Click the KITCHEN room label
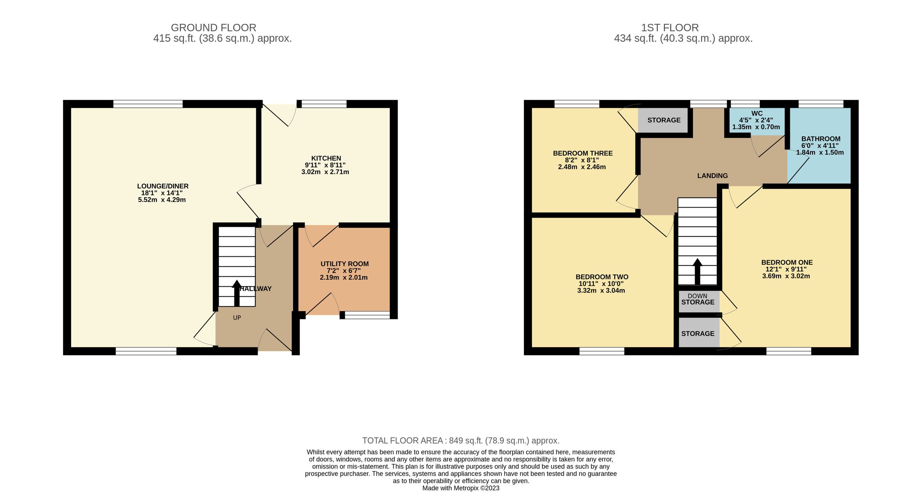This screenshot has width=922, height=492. pyautogui.click(x=326, y=158)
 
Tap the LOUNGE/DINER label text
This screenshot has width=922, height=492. pyautogui.click(x=163, y=186)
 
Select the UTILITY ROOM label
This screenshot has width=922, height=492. pyautogui.click(x=345, y=264)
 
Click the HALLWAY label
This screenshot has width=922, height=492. pyautogui.click(x=256, y=289)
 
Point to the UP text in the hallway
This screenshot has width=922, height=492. pyautogui.click(x=237, y=318)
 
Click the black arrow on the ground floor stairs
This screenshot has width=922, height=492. pyautogui.click(x=237, y=293)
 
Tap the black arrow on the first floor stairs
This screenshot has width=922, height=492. pyautogui.click(x=697, y=271)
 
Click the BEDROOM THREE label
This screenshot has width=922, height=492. pyautogui.click(x=583, y=153)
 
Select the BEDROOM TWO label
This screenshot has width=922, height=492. pyautogui.click(x=602, y=277)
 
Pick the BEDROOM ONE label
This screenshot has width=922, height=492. pyautogui.click(x=787, y=263)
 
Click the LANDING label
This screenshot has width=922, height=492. pyautogui.click(x=713, y=176)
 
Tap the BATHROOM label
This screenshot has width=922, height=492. pyautogui.click(x=821, y=139)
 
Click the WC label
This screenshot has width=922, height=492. pyautogui.click(x=757, y=113)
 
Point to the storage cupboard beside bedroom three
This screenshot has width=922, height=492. pyautogui.click(x=663, y=120)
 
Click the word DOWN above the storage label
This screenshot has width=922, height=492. pyautogui.click(x=698, y=296)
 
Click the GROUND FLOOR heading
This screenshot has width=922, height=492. pyautogui.click(x=214, y=28)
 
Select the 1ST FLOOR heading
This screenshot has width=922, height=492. pyautogui.click(x=670, y=28)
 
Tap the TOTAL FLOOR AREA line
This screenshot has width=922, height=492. pyautogui.click(x=461, y=440)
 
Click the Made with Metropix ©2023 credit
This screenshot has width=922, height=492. pyautogui.click(x=461, y=488)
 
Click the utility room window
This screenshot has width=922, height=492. pyautogui.click(x=367, y=315)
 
